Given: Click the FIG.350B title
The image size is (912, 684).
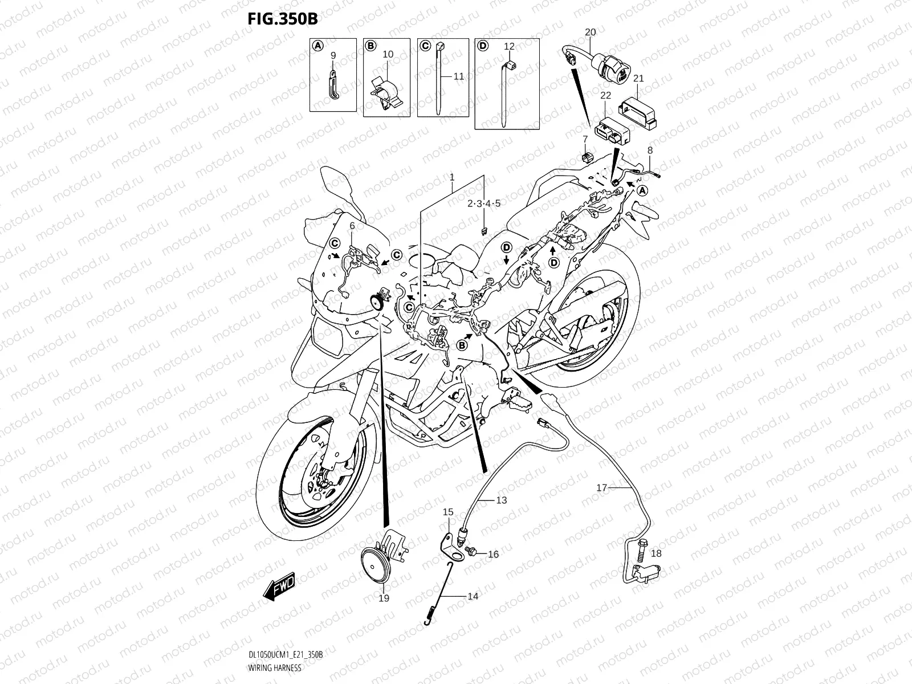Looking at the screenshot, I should click(x=282, y=18).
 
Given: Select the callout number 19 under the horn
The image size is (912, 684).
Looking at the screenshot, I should click(x=384, y=598).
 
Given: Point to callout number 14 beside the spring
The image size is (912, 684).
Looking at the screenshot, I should click(x=473, y=596).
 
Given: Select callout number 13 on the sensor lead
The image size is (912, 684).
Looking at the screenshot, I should click(x=501, y=500).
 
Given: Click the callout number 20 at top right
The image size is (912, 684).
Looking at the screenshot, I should click(x=590, y=32).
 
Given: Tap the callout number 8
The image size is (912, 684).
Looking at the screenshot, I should click(x=649, y=150).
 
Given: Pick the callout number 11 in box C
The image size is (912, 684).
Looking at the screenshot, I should click(x=459, y=76).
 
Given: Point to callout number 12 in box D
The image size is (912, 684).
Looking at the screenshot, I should click(x=509, y=46).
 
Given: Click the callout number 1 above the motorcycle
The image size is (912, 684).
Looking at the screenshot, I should click(x=452, y=177).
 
